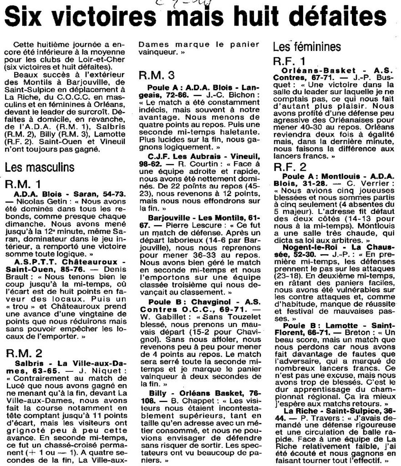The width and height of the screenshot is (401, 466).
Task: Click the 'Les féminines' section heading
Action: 304,46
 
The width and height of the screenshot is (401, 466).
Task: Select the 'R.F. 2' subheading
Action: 290,165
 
